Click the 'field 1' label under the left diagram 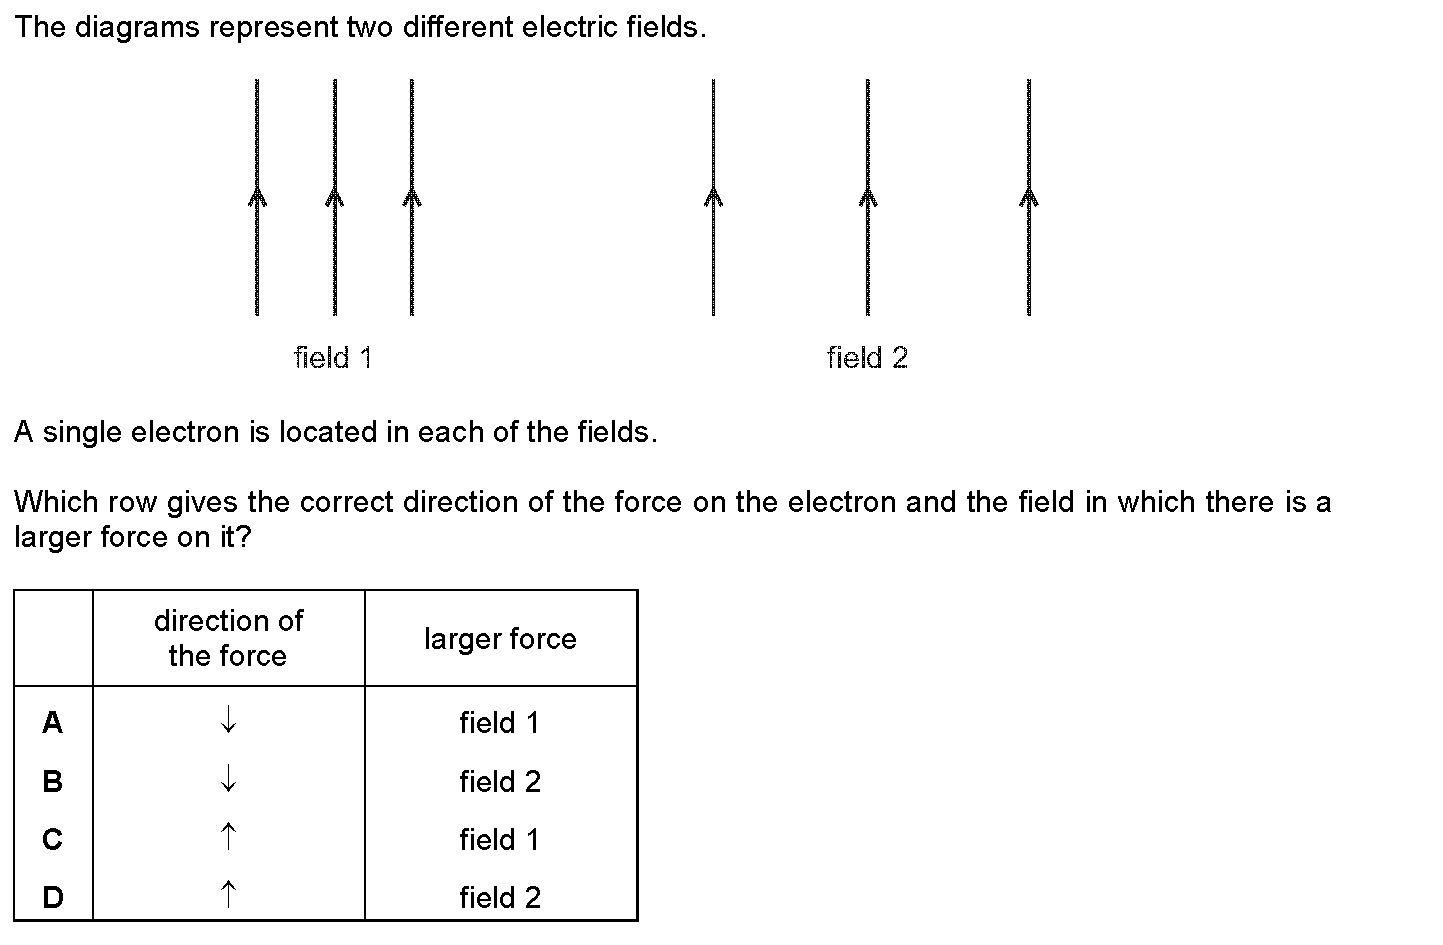[x=333, y=358]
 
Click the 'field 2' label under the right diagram [x=868, y=358]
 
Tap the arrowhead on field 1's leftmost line [x=257, y=196]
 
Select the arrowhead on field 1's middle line [x=334, y=196]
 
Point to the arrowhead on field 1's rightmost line [x=412, y=196]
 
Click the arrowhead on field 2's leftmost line [x=713, y=196]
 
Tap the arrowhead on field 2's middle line [x=868, y=196]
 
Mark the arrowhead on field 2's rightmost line [x=1029, y=196]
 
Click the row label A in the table [x=53, y=722]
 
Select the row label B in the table [x=53, y=781]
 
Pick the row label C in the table [x=53, y=839]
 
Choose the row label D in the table [x=53, y=897]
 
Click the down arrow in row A [x=228, y=719]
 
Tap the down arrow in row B [x=228, y=778]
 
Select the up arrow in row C [x=228, y=836]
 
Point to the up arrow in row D [x=228, y=894]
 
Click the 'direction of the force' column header [x=228, y=638]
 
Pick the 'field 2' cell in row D [x=500, y=897]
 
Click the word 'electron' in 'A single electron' [x=184, y=432]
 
